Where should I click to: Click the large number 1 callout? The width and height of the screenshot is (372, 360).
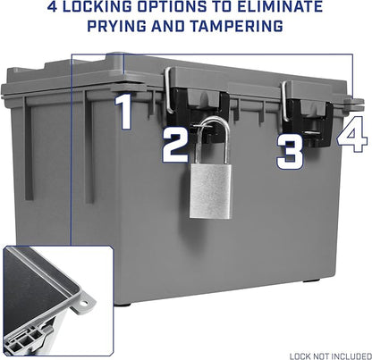pyautogui.click(x=124, y=112)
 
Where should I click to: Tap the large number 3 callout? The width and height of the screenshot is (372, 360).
pyautogui.click(x=290, y=152)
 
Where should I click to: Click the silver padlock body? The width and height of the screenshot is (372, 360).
pyautogui.click(x=210, y=190)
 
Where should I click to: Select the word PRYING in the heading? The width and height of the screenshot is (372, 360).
pyautogui.click(x=117, y=26)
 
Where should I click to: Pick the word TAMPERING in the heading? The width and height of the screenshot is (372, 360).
pyautogui.click(x=237, y=26)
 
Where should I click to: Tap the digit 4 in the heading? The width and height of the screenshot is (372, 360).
pyautogui.click(x=52, y=7)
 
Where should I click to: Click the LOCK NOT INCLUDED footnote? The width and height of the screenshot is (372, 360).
pyautogui.click(x=331, y=356)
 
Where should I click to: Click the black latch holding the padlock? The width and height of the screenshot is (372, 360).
pyautogui.click(x=197, y=114)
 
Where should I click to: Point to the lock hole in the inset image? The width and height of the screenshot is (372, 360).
pyautogui.click(x=85, y=304)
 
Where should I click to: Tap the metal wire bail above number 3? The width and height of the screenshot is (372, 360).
pyautogui.click(x=284, y=101)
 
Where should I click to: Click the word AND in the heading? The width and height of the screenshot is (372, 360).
pyautogui.click(x=168, y=26)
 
